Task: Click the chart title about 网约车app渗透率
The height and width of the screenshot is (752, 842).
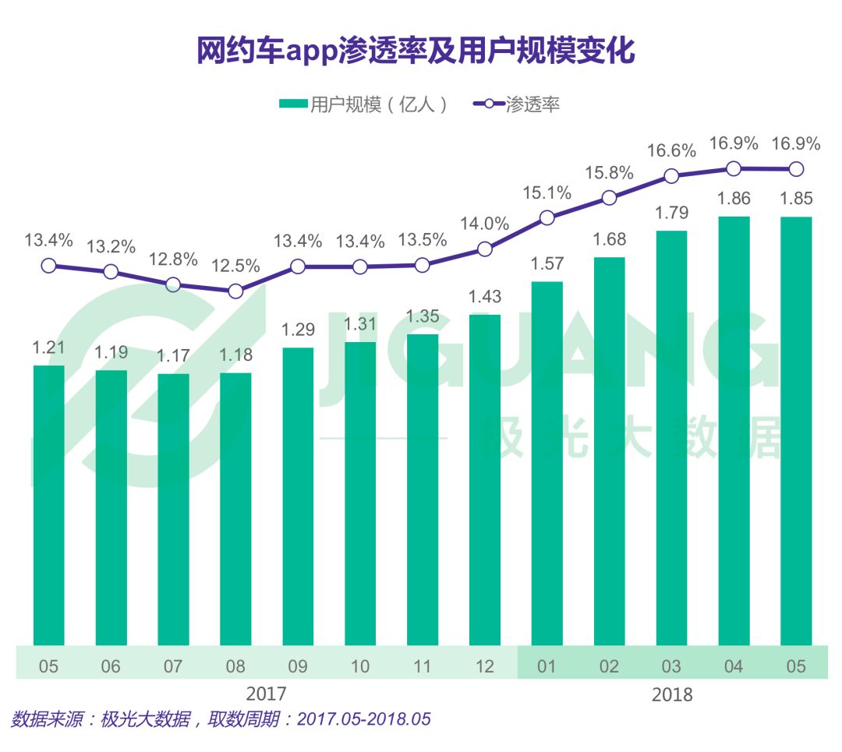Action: [x=415, y=51]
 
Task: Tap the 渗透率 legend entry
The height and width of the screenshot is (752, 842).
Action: [x=516, y=104]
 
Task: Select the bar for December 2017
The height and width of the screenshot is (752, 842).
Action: [x=484, y=479]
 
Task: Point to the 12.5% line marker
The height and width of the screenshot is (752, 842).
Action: [x=235, y=291]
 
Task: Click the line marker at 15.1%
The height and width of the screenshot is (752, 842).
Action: [x=547, y=217]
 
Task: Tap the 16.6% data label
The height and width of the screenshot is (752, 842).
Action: [x=671, y=150]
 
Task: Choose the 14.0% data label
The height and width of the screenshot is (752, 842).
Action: [x=484, y=223]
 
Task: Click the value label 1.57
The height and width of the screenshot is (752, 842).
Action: [x=547, y=263]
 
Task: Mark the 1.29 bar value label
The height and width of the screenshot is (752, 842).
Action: [x=298, y=329]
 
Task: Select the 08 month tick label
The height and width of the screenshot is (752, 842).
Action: [x=235, y=666]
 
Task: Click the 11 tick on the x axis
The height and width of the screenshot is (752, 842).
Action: [x=422, y=666]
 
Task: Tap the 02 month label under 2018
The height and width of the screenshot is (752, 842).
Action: [x=609, y=666]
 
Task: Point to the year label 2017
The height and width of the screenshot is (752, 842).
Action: [x=266, y=693]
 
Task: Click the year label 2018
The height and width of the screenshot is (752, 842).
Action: [x=671, y=694]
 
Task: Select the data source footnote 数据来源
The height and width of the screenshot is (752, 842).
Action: [x=221, y=718]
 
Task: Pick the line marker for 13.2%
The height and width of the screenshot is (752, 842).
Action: [x=111, y=271]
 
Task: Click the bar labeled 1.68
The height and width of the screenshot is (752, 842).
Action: [x=609, y=450]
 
